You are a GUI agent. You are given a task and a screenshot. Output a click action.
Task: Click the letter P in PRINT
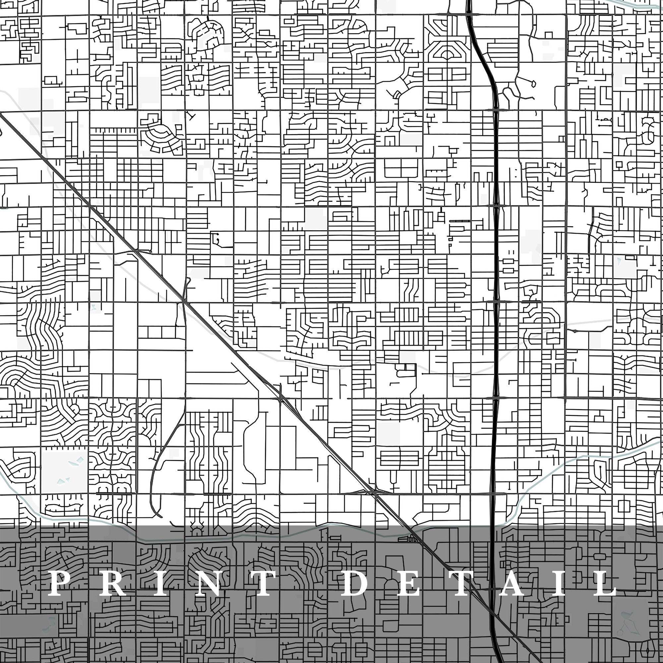pos(61,583)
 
